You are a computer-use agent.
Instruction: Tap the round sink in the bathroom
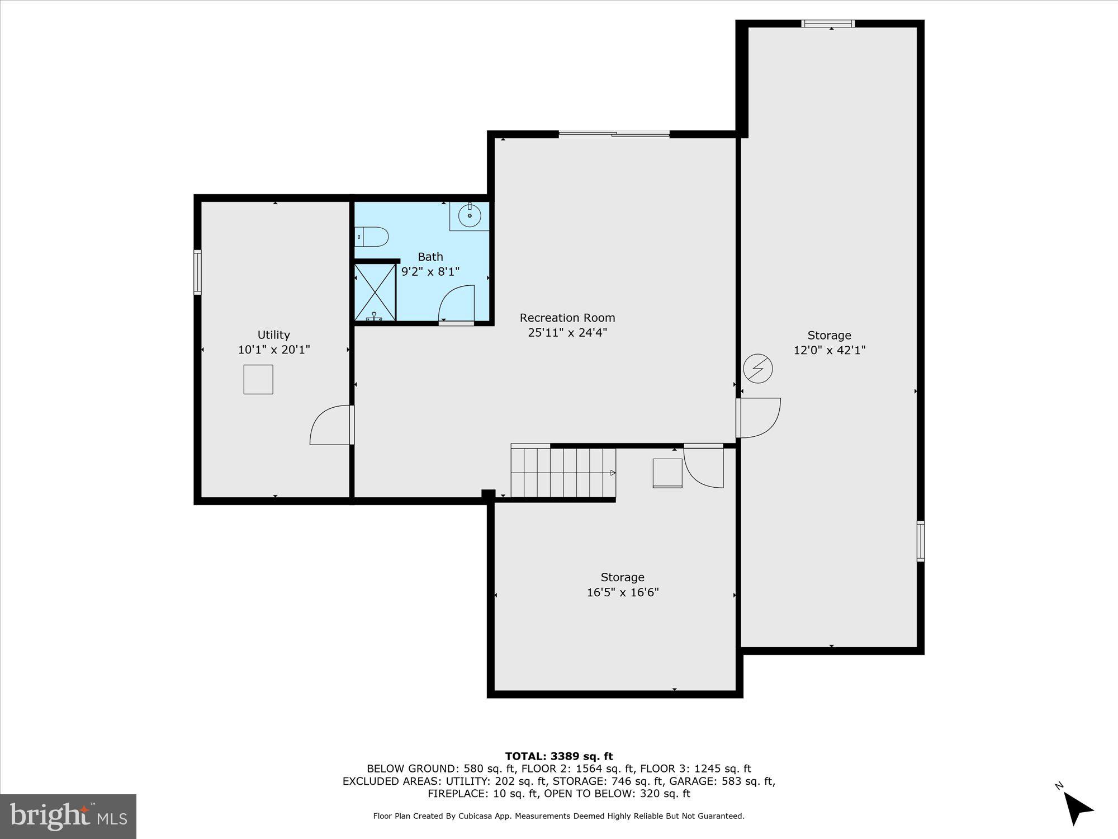(470, 215)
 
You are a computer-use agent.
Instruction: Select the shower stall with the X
(375, 291)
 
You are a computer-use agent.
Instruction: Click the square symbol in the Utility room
(258, 380)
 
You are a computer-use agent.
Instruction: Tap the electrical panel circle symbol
(758, 369)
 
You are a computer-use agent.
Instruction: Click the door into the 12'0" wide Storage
(759, 417)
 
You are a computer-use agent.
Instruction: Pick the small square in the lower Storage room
(667, 473)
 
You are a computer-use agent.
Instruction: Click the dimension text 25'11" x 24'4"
(567, 332)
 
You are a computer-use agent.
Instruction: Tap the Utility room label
(273, 334)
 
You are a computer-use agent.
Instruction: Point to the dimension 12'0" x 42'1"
(829, 350)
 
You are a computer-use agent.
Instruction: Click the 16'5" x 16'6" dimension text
(622, 592)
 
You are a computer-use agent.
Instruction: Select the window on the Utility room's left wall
(197, 272)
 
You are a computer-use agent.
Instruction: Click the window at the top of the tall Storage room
(828, 23)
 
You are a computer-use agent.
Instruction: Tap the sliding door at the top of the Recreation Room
(614, 134)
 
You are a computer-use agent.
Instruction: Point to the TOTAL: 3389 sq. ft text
(559, 757)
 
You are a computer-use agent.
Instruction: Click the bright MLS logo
(68, 816)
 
